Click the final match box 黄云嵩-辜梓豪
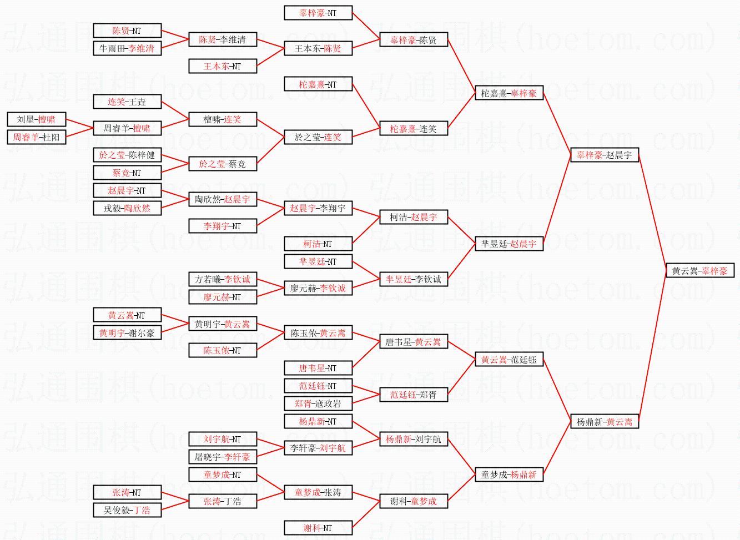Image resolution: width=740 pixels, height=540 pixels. (699, 271)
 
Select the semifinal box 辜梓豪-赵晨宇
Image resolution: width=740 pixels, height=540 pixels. (604, 155)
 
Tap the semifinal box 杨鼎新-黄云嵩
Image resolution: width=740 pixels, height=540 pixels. (604, 422)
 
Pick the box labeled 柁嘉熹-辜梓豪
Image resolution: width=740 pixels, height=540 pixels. (509, 93)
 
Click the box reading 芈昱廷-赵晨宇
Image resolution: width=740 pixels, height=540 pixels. (509, 244)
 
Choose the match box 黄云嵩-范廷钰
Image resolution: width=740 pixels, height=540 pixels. (509, 360)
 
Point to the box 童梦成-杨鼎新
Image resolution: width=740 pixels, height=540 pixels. (509, 475)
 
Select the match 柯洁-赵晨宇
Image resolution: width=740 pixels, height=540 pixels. (413, 218)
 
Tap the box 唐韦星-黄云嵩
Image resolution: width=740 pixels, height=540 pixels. (413, 342)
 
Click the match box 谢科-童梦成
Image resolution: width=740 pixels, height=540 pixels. (413, 501)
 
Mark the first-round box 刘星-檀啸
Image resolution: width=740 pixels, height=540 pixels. (36, 119)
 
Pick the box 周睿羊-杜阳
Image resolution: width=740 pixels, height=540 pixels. (36, 137)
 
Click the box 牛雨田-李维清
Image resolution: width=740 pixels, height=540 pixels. (127, 48)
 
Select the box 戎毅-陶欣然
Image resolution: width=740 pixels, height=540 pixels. (127, 208)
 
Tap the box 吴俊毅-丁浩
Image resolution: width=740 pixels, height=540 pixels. (127, 510)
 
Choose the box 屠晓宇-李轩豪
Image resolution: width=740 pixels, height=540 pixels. (222, 457)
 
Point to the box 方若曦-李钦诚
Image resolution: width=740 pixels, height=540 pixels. (222, 279)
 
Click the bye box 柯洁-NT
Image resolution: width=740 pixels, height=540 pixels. (318, 244)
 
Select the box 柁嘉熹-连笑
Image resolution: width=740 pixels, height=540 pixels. (413, 129)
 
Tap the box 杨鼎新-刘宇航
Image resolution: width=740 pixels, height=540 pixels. (413, 439)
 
